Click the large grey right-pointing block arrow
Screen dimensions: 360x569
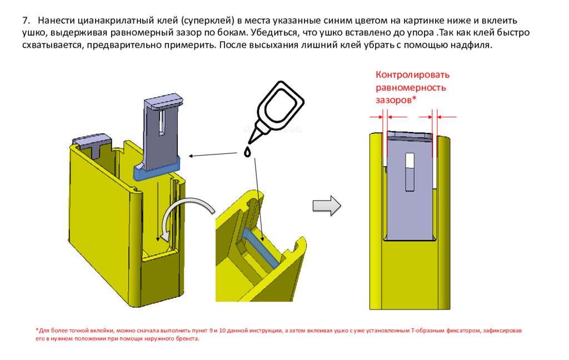coord(326,205)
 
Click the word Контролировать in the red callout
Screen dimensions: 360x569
coord(412,75)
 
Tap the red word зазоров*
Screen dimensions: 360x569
coord(396,99)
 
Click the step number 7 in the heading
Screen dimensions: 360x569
coord(26,20)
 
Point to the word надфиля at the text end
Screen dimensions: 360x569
coord(475,45)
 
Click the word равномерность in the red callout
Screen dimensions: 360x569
coord(410,87)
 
